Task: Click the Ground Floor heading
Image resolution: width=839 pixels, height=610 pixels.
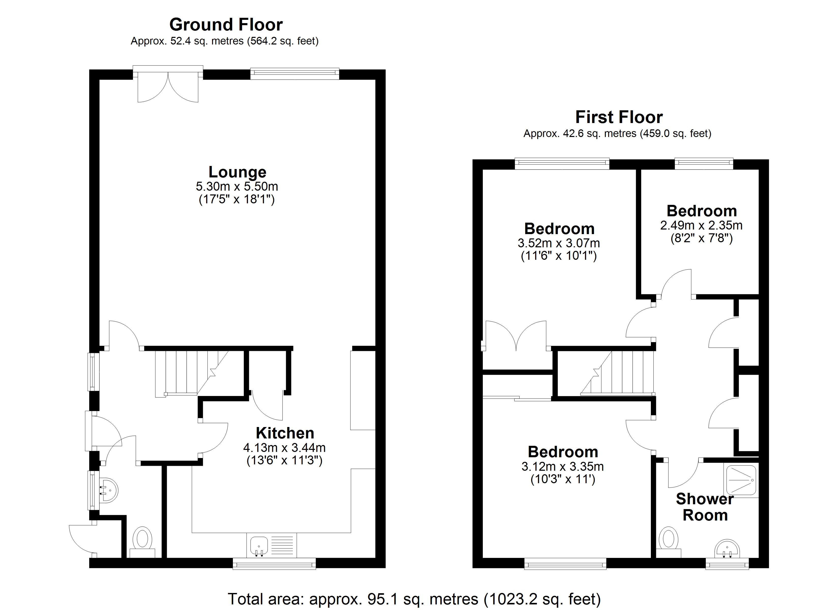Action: pos(226,25)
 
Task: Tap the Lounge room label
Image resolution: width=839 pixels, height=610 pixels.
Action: pos(237,172)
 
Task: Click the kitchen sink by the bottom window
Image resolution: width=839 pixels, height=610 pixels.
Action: pos(259,546)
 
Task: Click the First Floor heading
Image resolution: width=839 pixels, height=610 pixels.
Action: pos(619,117)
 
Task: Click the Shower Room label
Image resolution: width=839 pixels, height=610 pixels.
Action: pos(705,507)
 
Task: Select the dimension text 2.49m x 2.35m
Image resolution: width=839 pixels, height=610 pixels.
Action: pos(701,225)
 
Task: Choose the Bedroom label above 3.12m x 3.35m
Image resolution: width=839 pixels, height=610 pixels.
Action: pos(563,452)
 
